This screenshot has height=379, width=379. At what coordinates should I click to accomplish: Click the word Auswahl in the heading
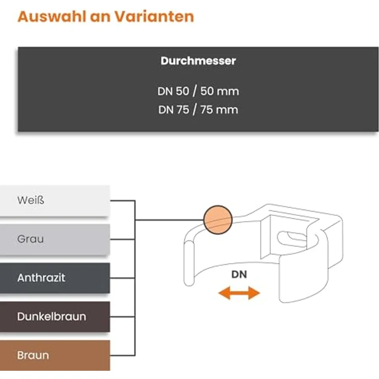click(51, 16)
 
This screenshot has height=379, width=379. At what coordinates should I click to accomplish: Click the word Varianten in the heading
click(154, 16)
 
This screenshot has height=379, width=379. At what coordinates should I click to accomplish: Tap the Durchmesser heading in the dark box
click(198, 61)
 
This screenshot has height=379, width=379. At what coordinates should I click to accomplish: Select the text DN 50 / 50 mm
click(198, 91)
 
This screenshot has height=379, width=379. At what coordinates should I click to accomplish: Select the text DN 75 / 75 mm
click(198, 110)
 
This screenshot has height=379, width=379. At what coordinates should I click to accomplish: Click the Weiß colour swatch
click(55, 201)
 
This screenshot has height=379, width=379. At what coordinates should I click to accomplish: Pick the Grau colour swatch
click(55, 239)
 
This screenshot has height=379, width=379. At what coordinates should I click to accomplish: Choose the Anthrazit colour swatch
click(55, 278)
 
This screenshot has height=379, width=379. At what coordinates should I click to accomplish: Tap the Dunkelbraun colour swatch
click(55, 317)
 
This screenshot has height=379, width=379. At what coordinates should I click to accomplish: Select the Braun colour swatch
click(55, 355)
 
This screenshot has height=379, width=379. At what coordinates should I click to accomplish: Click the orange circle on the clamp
click(218, 220)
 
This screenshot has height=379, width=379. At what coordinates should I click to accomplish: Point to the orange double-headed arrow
click(239, 293)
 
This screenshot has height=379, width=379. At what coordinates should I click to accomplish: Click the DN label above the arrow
click(239, 274)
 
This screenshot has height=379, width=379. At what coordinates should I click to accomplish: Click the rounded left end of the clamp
click(189, 264)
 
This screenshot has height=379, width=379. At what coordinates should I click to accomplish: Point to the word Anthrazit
click(41, 278)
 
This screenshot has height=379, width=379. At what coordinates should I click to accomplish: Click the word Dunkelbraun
click(51, 317)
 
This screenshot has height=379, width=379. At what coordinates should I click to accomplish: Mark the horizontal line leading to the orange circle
click(169, 220)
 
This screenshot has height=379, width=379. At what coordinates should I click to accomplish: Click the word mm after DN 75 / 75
click(227, 110)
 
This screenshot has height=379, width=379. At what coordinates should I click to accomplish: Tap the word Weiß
click(31, 200)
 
